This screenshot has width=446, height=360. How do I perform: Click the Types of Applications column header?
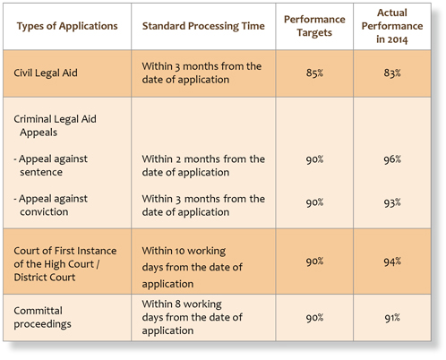click(x=67, y=26)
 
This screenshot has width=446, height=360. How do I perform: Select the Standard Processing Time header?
click(x=203, y=26)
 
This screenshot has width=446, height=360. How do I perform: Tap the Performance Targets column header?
click(x=314, y=26)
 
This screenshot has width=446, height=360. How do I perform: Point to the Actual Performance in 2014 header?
click(x=392, y=26)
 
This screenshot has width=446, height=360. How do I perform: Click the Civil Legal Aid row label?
click(x=46, y=73)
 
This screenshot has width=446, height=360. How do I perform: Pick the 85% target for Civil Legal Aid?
click(x=314, y=73)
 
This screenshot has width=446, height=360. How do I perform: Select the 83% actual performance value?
click(x=392, y=73)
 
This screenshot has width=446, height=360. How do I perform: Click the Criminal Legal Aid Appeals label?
click(x=55, y=125)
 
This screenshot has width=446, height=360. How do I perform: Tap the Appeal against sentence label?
click(x=51, y=166)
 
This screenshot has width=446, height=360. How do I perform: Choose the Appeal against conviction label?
click(x=51, y=205)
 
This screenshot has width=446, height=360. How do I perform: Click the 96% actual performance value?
click(x=392, y=159)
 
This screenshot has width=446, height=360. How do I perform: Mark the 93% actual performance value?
click(x=392, y=203)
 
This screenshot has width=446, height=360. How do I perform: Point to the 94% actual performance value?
click(x=392, y=261)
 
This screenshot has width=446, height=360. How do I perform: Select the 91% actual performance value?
click(x=392, y=318)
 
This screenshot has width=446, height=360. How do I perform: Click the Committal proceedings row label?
click(x=42, y=317)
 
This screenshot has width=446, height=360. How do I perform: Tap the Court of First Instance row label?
click(x=65, y=264)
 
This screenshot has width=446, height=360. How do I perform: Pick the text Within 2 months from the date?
click(x=203, y=159)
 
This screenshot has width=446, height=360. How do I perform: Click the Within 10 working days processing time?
click(x=192, y=267)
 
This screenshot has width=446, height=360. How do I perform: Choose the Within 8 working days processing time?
click(x=192, y=317)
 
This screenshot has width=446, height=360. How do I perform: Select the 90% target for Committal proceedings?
click(x=314, y=318)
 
